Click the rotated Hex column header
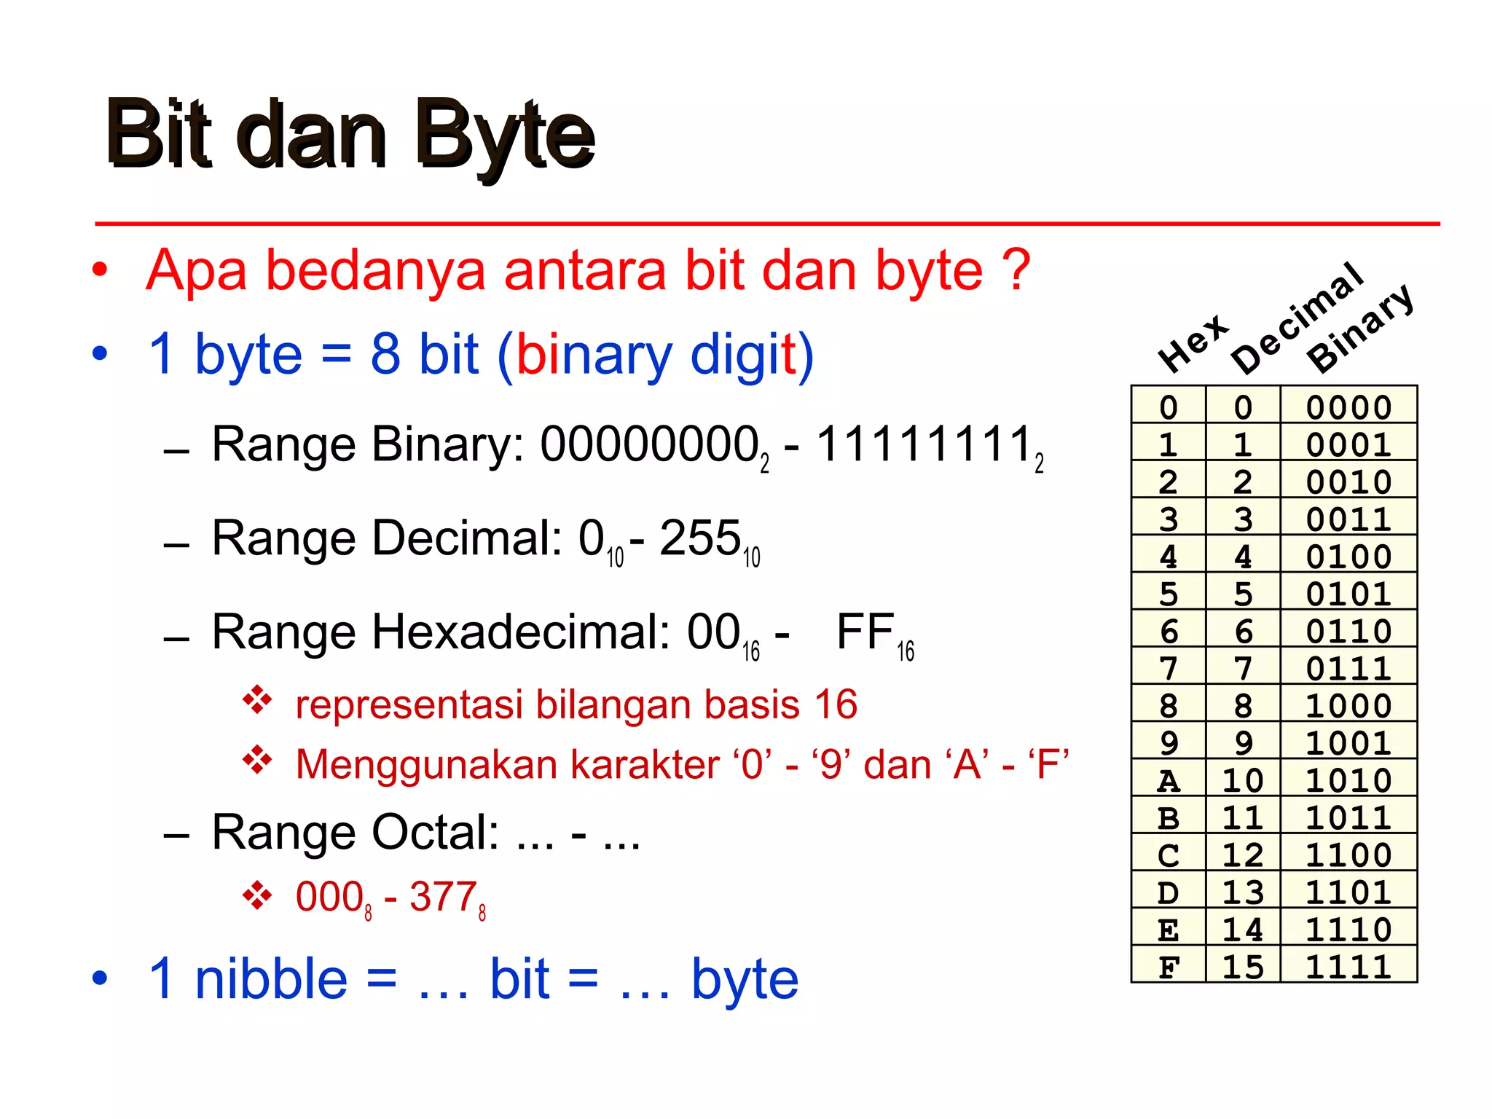1193,342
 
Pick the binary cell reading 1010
1348,780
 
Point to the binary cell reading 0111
1348,668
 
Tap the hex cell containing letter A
1169,780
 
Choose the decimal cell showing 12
1243,855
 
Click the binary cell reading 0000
1348,407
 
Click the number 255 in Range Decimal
700,539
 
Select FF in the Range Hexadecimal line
865,632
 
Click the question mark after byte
1016,270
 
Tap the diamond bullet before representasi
257,700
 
